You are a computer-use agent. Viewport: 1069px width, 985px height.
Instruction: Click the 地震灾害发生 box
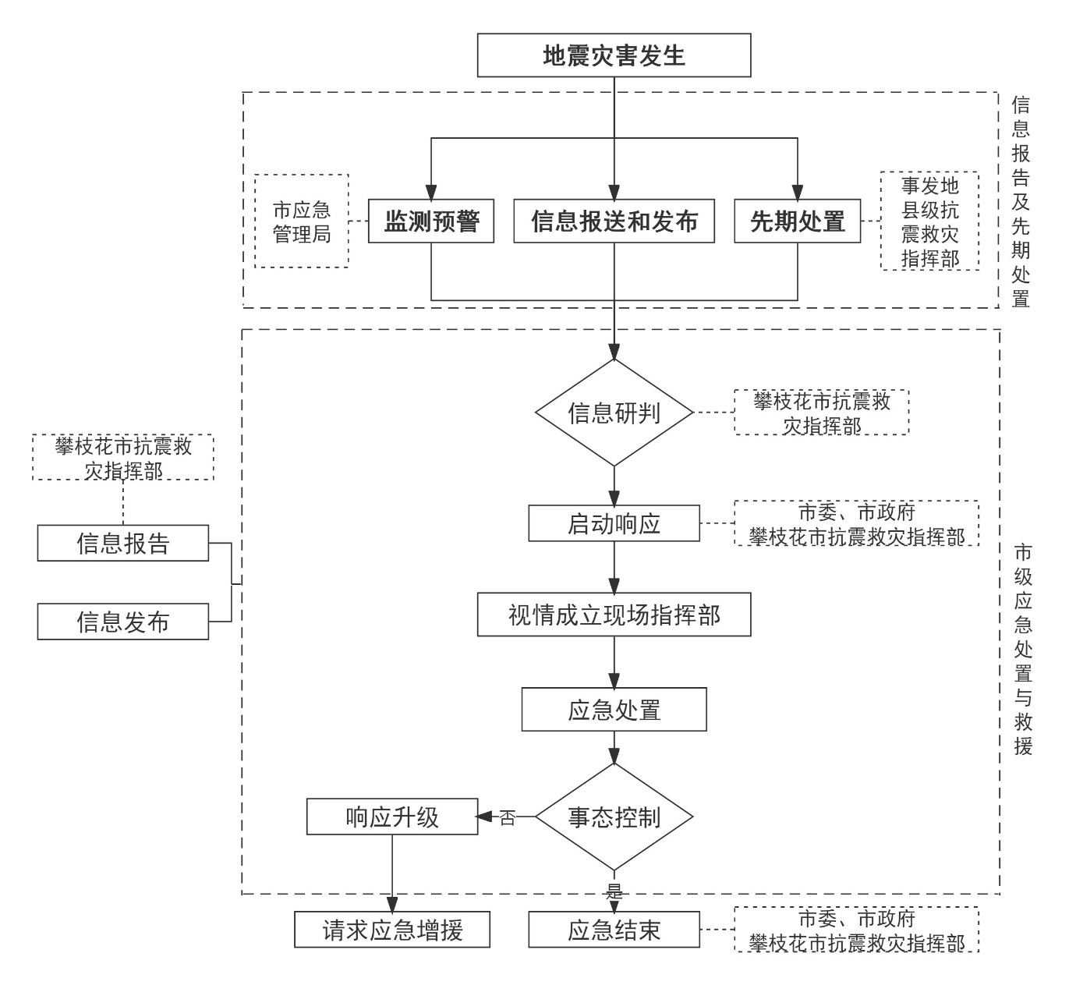point(614,55)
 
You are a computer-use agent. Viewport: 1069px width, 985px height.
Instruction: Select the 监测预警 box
point(431,221)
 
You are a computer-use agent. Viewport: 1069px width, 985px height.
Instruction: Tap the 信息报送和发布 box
point(614,221)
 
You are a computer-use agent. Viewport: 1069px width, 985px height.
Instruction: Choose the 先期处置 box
point(797,221)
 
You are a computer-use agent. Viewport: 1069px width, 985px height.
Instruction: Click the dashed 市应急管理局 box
point(302,221)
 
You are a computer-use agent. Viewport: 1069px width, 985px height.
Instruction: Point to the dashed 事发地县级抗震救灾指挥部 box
point(929,221)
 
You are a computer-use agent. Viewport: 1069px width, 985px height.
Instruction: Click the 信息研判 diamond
point(614,413)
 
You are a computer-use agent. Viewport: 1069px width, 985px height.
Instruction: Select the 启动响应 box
point(614,523)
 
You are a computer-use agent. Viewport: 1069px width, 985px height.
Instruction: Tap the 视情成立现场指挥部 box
point(614,615)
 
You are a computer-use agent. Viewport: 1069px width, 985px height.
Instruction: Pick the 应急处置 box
point(614,710)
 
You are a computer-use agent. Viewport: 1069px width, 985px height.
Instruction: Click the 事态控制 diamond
point(614,817)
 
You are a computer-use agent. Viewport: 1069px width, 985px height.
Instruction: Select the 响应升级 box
point(392,817)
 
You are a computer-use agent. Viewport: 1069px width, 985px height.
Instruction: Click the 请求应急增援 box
point(392,930)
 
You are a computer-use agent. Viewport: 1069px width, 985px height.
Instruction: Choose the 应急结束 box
point(614,930)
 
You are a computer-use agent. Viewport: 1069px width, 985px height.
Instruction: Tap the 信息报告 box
point(123,543)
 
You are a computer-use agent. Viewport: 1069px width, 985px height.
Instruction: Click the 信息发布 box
point(123,622)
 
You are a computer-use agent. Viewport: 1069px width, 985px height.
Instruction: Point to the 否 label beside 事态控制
point(508,818)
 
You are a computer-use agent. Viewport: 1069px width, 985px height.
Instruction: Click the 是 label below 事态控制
point(614,891)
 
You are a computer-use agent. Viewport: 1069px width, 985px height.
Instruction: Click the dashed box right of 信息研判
point(821,413)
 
